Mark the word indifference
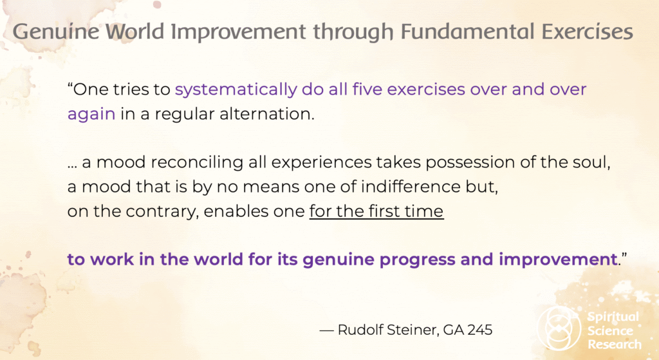tap(411, 187)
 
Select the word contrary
tap(162, 211)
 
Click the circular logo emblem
tap(559, 328)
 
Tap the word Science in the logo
tap(610, 331)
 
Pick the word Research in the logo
tap(615, 345)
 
